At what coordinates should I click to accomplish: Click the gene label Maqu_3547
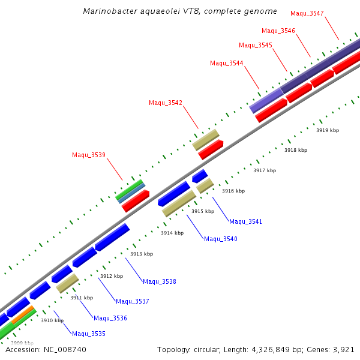click(307, 13)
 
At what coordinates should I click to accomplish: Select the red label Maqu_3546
click(278, 31)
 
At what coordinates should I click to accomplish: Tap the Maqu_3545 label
click(256, 45)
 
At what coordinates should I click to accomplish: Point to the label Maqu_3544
click(227, 63)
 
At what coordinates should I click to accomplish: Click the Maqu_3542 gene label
click(166, 103)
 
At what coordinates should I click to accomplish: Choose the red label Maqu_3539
click(89, 155)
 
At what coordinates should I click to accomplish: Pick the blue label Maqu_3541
click(246, 221)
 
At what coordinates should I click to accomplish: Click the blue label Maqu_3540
click(221, 239)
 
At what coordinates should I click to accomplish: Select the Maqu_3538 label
click(160, 281)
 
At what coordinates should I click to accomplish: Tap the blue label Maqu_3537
click(133, 301)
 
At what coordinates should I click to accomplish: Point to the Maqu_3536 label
click(110, 318)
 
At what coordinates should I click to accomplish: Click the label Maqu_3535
click(89, 334)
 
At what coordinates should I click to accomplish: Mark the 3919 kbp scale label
click(328, 130)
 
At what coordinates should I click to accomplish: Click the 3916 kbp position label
click(233, 191)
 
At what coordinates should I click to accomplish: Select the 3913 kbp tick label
click(142, 254)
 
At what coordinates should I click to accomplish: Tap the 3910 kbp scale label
click(52, 320)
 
